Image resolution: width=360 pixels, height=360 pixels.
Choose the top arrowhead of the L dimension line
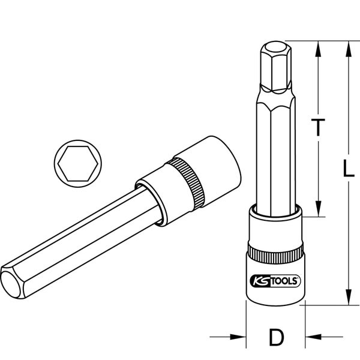click(x=346, y=47)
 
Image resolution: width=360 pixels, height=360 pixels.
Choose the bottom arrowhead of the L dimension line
click(x=346, y=299)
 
